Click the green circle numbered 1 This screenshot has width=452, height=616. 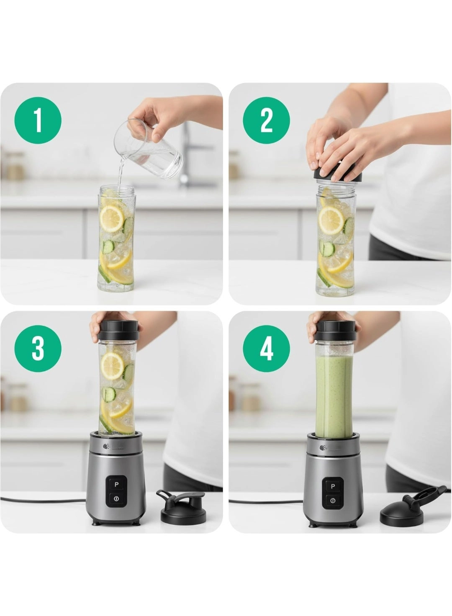[x=38, y=121]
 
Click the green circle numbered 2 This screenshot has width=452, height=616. [x=266, y=121]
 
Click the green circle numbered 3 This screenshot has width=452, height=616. [x=38, y=349]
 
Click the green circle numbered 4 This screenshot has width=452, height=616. [x=266, y=349]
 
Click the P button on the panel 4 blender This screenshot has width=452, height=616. [x=333, y=486]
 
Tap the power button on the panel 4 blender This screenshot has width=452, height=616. [x=333, y=500]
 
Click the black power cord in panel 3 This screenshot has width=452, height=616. [x=42, y=499]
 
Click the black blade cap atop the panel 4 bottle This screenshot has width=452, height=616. [x=337, y=331]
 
